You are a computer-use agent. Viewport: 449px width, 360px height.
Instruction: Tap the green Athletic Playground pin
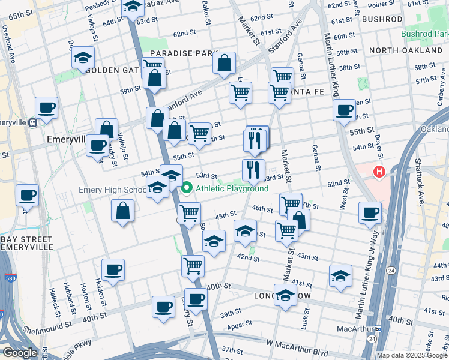(x=187, y=188)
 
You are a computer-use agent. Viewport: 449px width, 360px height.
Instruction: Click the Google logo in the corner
(x=20, y=353)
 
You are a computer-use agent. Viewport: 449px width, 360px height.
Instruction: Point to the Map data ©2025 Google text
(x=412, y=355)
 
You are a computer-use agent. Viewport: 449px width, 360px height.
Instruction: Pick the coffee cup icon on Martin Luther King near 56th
(x=345, y=110)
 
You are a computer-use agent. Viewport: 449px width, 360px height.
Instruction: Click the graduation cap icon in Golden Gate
(x=83, y=58)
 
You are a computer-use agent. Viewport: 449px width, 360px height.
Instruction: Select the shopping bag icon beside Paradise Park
(x=224, y=63)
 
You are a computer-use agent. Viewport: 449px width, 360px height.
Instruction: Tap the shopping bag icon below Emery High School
(x=123, y=211)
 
